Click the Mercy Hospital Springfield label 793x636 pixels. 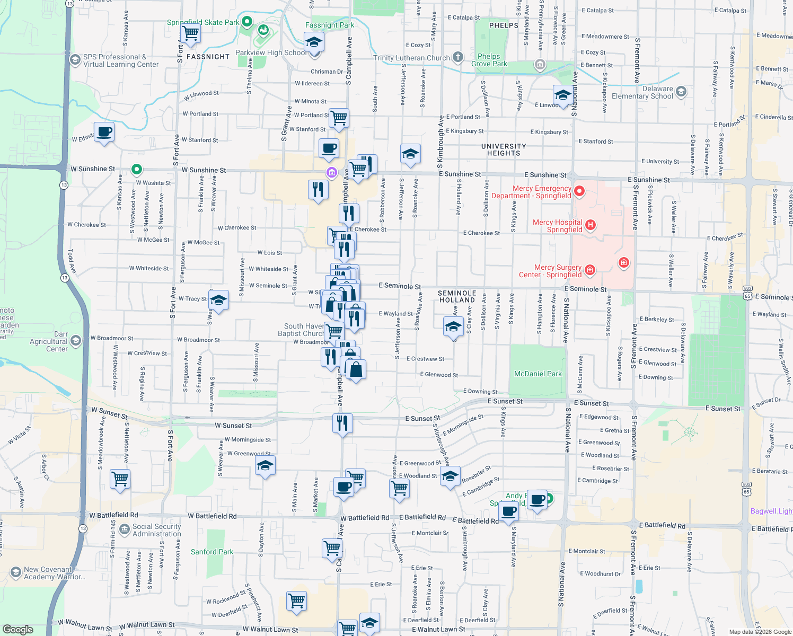pyautogui.click(x=557, y=226)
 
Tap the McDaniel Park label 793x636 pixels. pyautogui.click(x=538, y=374)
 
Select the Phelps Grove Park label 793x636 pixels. pyautogui.click(x=489, y=60)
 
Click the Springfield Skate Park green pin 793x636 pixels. pyautogui.click(x=246, y=22)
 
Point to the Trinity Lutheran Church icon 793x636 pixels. pyautogui.click(x=458, y=57)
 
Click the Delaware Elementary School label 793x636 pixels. pyautogui.click(x=642, y=92)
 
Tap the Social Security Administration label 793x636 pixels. pyautogui.click(x=156, y=530)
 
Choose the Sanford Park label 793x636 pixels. pyautogui.click(x=212, y=552)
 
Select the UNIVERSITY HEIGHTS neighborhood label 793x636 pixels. pyautogui.click(x=504, y=149)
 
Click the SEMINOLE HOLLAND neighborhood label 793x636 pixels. pyautogui.click(x=457, y=296)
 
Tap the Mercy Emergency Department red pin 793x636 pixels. pyautogui.click(x=579, y=191)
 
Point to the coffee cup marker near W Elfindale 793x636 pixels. pyautogui.click(x=104, y=132)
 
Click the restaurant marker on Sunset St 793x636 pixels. pyautogui.click(x=342, y=423)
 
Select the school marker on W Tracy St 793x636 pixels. pyautogui.click(x=218, y=301)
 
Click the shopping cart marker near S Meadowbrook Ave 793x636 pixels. pyautogui.click(x=120, y=479)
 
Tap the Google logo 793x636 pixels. pyautogui.click(x=17, y=630)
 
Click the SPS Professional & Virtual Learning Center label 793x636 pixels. pyautogui.click(x=120, y=60)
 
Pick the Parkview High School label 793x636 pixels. pyautogui.click(x=271, y=52)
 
